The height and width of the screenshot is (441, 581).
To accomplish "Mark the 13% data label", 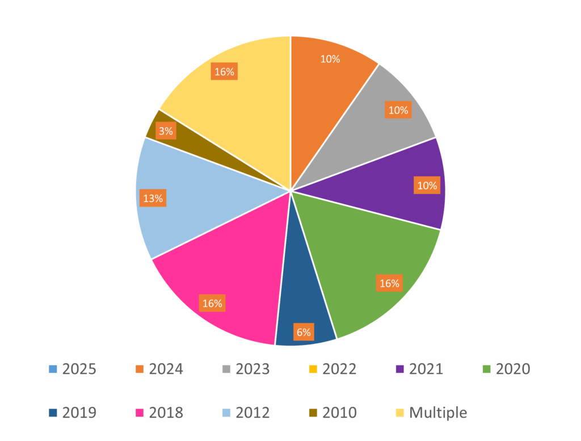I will click(153, 198).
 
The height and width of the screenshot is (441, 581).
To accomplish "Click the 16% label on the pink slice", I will click(212, 303).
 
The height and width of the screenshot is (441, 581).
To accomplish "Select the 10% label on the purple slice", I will click(427, 185).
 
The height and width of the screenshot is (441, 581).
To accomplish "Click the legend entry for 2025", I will click(73, 369).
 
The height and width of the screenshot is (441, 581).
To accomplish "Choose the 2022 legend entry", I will click(332, 369).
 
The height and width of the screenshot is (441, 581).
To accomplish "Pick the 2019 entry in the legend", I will click(73, 413).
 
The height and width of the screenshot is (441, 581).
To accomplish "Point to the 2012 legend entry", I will click(246, 413).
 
